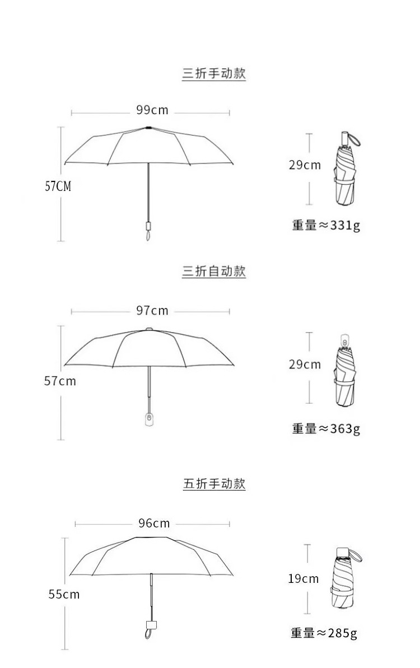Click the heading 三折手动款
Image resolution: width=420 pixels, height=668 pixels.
pyautogui.click(x=214, y=73)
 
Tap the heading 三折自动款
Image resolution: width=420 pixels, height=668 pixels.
pyautogui.click(x=214, y=272)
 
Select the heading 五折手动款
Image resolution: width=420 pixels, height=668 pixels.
pyautogui.click(x=214, y=484)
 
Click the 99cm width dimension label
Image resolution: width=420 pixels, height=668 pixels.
pyautogui.click(x=152, y=110)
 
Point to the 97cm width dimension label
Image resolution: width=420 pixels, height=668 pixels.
pyautogui.click(x=152, y=310)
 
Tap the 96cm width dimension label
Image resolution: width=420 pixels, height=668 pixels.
pyautogui.click(x=154, y=523)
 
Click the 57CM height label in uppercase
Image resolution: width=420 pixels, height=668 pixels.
pyautogui.click(x=58, y=186)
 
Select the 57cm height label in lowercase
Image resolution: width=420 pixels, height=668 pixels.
pyautogui.click(x=60, y=381)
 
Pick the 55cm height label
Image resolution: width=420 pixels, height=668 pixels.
pyautogui.click(x=64, y=595)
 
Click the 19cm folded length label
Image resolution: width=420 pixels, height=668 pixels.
pyautogui.click(x=304, y=578)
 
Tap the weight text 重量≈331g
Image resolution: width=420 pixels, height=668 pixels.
pyautogui.click(x=326, y=225)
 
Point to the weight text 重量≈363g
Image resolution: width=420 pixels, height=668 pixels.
pyautogui.click(x=326, y=429)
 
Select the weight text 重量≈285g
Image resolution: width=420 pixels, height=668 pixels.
pyautogui.click(x=324, y=633)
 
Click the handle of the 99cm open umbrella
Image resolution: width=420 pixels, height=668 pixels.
pyautogui.click(x=148, y=228)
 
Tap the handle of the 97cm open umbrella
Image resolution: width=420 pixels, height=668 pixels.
pyautogui.click(x=149, y=419)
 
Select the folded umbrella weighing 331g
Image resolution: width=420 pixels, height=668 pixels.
pyautogui.click(x=345, y=174)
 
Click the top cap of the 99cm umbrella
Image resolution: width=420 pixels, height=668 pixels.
pyautogui.click(x=148, y=128)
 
